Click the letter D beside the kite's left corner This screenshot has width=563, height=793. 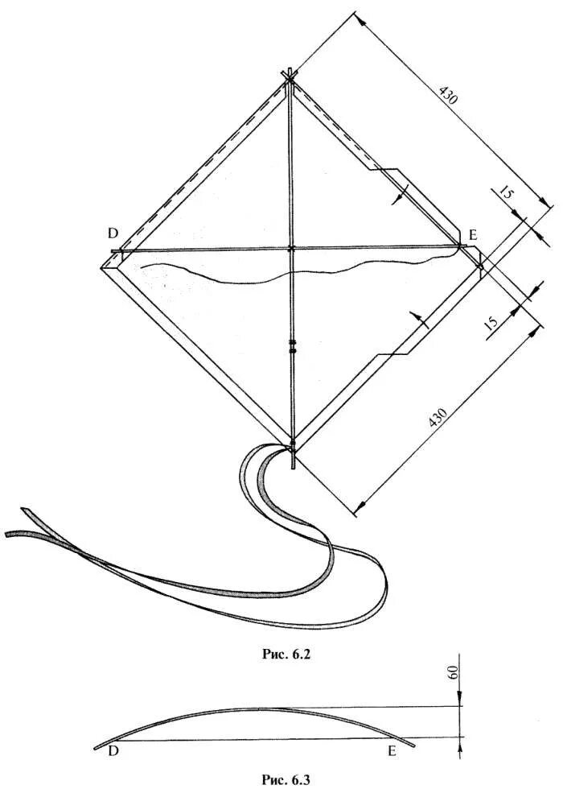[x=113, y=233]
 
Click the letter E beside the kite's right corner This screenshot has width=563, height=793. [x=473, y=234]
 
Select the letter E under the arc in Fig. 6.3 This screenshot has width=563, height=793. [x=392, y=752]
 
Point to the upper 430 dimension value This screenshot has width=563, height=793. [x=447, y=94]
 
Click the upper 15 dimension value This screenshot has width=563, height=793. [x=504, y=193]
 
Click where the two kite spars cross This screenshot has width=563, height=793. [x=290, y=249]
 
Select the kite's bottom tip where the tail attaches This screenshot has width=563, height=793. [x=292, y=445]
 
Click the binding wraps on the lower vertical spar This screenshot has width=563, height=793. [x=291, y=346]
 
